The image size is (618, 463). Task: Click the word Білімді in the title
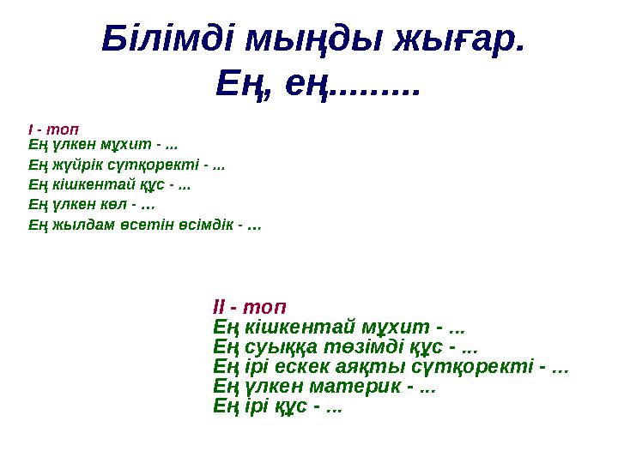[167, 38]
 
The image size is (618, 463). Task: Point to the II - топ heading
[249, 306]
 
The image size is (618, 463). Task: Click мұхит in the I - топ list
[130, 147]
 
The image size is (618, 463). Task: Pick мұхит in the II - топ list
[386, 327]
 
